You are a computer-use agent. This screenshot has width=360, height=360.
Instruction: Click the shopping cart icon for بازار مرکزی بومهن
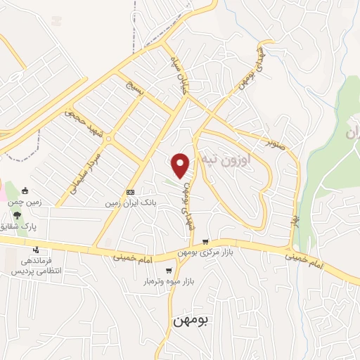point(205,240)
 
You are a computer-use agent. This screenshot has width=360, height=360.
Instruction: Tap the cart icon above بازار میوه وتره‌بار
point(169,270)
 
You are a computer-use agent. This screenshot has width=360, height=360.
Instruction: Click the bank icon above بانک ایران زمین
point(130,192)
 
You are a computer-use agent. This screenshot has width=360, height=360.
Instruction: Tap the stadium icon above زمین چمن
point(26,190)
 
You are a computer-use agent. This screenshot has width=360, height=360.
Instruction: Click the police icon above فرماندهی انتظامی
point(36,250)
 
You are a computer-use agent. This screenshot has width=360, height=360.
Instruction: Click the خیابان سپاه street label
point(179,76)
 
